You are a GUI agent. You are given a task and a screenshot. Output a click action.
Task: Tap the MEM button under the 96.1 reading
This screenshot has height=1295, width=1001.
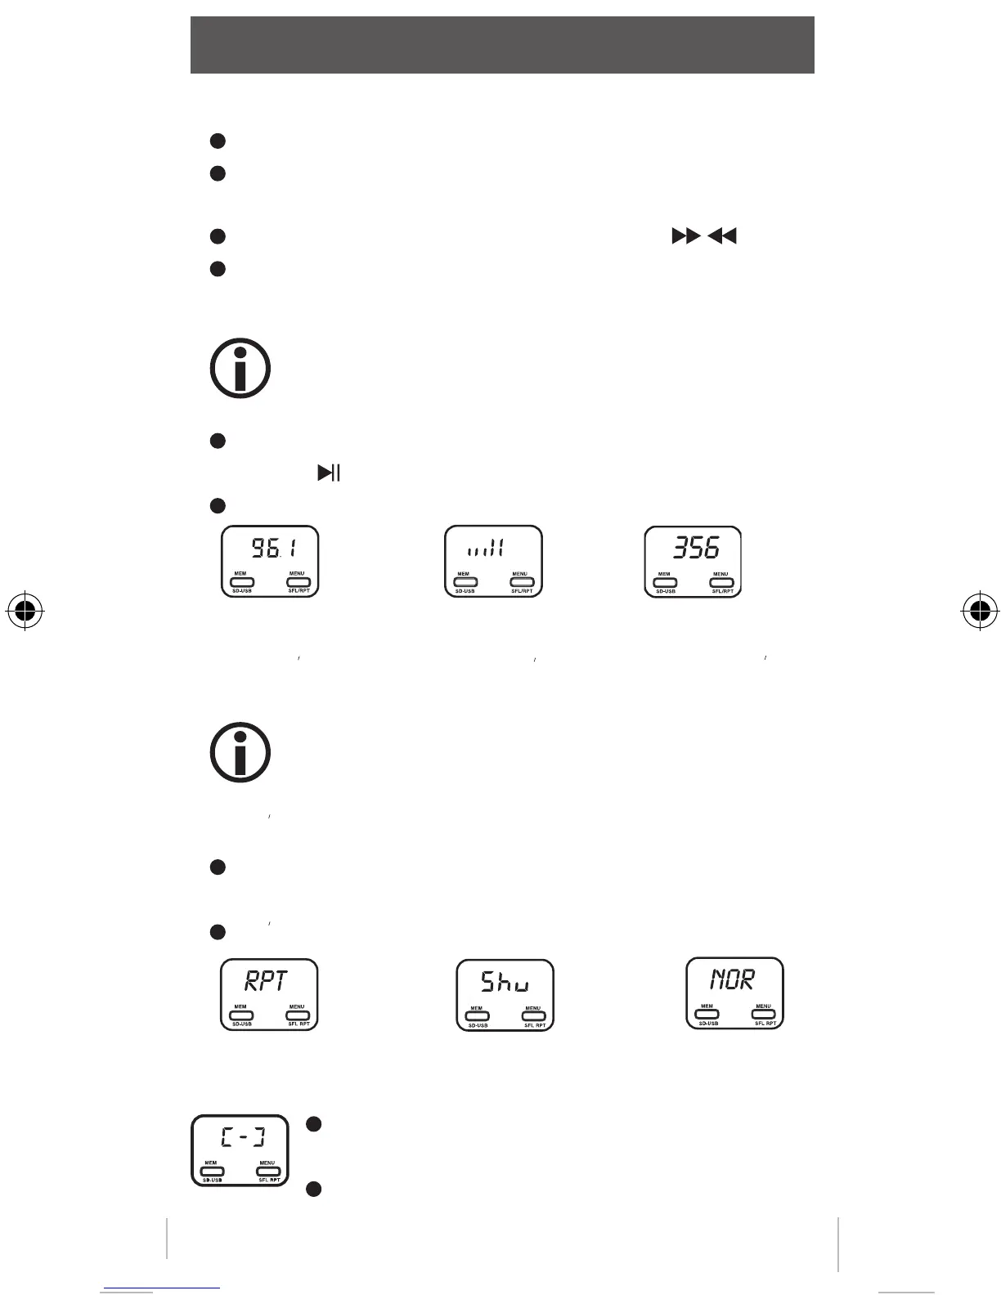[241, 582]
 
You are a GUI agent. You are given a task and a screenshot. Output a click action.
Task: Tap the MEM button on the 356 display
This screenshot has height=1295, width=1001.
[665, 583]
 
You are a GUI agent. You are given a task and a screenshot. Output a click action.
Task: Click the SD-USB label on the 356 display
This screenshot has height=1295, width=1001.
[665, 591]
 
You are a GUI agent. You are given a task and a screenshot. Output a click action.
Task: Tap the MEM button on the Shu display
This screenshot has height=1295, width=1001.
[477, 1016]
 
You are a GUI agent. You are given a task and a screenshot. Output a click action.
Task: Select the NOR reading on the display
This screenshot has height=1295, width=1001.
[732, 979]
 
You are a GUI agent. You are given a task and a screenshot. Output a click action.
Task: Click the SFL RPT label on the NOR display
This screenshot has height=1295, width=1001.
[765, 1023]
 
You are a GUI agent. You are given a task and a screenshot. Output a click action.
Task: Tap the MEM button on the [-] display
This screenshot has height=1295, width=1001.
[212, 1172]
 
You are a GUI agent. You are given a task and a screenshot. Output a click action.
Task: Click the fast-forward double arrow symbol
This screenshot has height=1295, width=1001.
[685, 237]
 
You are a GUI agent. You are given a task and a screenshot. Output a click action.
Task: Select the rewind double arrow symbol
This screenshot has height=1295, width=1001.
[722, 237]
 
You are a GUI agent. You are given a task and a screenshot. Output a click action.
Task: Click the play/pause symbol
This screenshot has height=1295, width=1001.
[329, 473]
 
